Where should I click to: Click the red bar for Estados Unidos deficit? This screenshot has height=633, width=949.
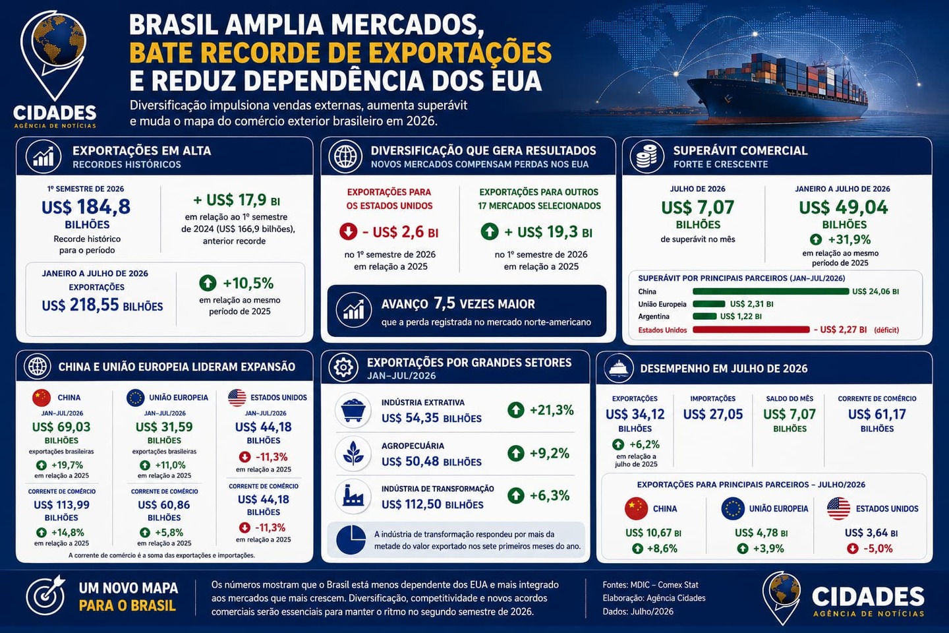[751, 330]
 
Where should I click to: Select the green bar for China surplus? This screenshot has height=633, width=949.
[770, 291]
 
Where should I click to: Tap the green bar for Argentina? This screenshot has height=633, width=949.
[705, 316]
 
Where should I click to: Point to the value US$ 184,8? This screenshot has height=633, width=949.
[86, 207]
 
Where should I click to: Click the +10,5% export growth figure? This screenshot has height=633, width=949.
[248, 284]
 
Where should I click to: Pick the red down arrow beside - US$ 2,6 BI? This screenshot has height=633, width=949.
[348, 232]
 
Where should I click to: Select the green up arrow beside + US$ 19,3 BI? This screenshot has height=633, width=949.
[489, 232]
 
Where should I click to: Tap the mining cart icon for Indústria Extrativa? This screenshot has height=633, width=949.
[353, 410]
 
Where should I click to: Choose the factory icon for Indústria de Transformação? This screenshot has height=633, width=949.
[353, 496]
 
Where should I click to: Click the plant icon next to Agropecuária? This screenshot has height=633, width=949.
[353, 453]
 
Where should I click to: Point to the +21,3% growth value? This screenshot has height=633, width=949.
[552, 410]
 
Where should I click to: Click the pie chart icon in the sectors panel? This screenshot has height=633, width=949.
[351, 540]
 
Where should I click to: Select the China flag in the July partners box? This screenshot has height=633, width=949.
[637, 509]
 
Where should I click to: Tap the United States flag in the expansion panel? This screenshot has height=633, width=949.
[237, 398]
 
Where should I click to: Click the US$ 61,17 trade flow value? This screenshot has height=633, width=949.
[877, 414]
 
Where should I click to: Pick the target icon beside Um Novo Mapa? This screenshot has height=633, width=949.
[45, 596]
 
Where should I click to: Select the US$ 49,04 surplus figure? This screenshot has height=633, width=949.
[843, 207]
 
